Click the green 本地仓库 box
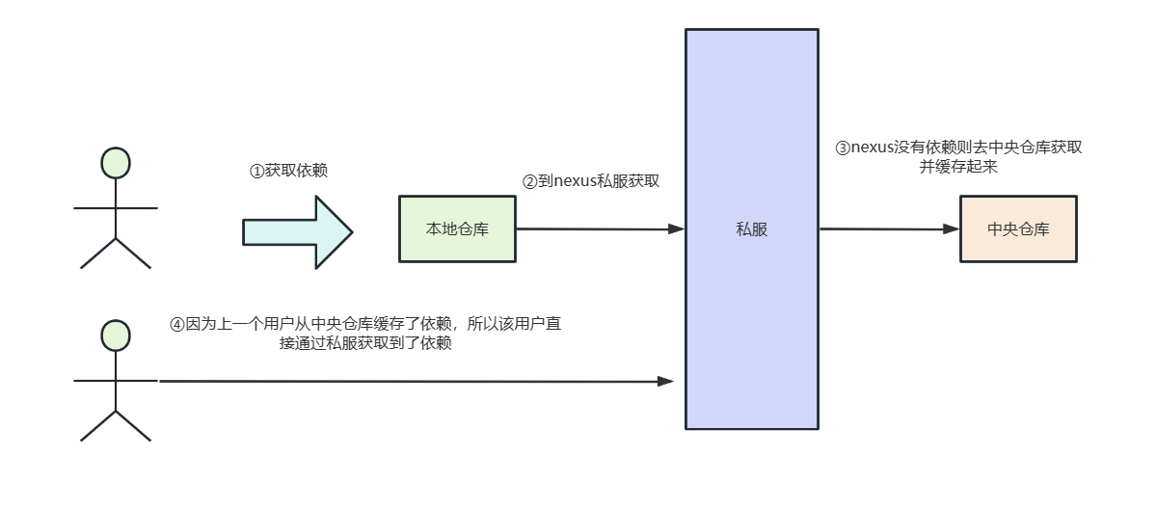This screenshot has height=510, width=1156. (x=457, y=229)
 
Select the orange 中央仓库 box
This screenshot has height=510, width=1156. (x=1017, y=229)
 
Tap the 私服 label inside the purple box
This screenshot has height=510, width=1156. (x=751, y=229)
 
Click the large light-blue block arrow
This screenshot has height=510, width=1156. (x=297, y=232)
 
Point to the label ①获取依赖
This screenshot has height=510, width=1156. (x=288, y=171)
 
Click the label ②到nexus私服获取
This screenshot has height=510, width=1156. (x=590, y=180)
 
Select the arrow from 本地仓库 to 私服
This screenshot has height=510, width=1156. (x=598, y=229)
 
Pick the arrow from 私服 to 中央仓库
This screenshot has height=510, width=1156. (x=887, y=229)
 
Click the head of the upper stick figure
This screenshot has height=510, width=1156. (x=116, y=163)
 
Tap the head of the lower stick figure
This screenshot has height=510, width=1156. (x=116, y=335)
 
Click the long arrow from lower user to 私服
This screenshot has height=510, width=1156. (x=415, y=382)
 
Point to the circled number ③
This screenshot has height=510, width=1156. (x=843, y=148)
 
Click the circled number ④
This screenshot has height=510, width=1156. (x=176, y=325)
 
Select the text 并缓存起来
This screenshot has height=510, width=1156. (x=957, y=167)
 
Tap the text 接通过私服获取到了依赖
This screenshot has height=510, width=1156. (x=364, y=343)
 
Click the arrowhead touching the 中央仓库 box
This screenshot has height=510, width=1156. (x=951, y=229)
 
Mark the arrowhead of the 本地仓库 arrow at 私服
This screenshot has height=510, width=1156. (x=676, y=229)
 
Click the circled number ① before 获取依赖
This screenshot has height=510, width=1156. (x=256, y=171)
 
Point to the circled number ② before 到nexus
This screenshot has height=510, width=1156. (x=529, y=180)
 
